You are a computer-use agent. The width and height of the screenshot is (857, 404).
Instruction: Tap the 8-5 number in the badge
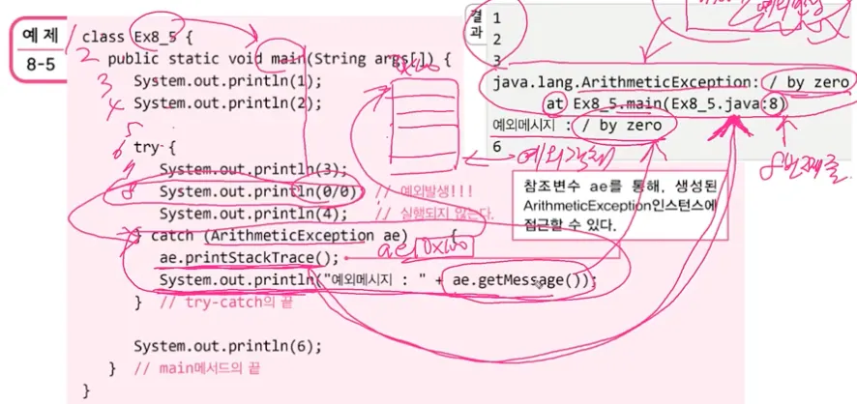point(41,65)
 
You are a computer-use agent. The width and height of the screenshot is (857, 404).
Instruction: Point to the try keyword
point(146,147)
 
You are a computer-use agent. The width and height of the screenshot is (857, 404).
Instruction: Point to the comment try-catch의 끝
point(224,303)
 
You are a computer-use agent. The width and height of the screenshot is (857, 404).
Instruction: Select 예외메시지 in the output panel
point(525,126)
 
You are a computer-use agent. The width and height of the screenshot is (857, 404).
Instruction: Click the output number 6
point(496,147)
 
